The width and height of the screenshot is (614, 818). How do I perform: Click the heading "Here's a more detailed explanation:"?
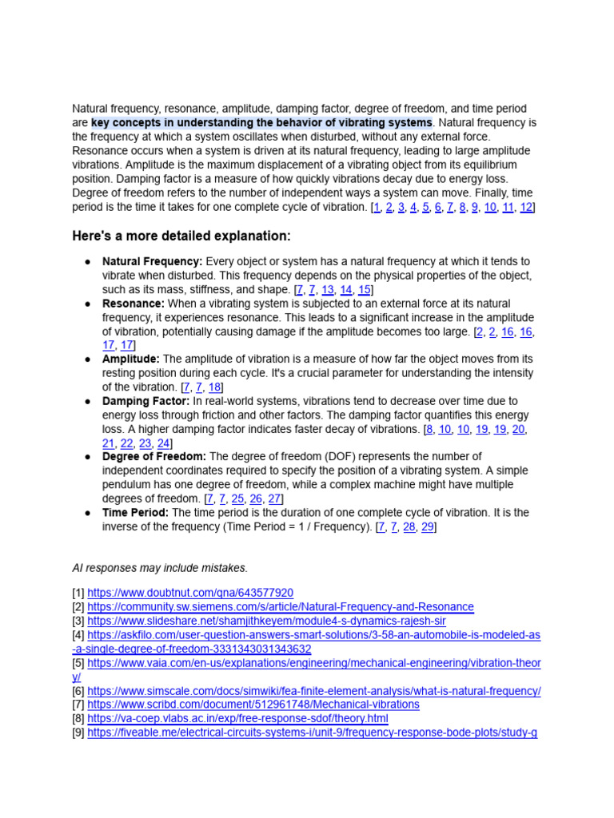181,236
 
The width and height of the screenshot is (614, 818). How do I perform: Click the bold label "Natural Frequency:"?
152,261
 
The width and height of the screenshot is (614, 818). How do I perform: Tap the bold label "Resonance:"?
134,304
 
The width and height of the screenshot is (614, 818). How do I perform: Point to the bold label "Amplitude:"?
131,359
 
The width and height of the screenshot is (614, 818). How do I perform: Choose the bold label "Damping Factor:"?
146,401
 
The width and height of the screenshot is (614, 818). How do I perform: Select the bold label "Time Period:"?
135,513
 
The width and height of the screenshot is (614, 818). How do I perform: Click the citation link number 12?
525,207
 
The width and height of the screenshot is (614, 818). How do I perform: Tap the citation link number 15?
364,289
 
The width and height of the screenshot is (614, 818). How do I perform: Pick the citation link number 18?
215,387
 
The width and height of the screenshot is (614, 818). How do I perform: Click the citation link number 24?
163,443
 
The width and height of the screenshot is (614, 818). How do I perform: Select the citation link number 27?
275,499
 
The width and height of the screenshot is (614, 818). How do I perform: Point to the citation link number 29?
427,527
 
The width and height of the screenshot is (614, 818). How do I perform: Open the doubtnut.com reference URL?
190,593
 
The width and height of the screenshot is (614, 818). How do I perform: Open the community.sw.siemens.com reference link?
281,607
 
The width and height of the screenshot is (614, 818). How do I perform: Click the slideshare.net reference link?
266,621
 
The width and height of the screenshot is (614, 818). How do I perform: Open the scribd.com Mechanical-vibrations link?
253,705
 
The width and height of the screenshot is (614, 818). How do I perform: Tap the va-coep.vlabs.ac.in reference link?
237,718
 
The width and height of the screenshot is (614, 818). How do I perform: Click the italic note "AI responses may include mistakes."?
160,568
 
